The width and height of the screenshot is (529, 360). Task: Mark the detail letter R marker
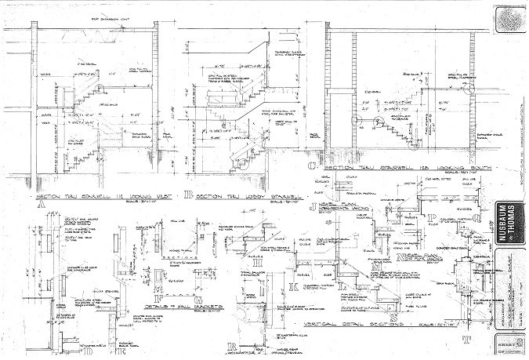[230, 345]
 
